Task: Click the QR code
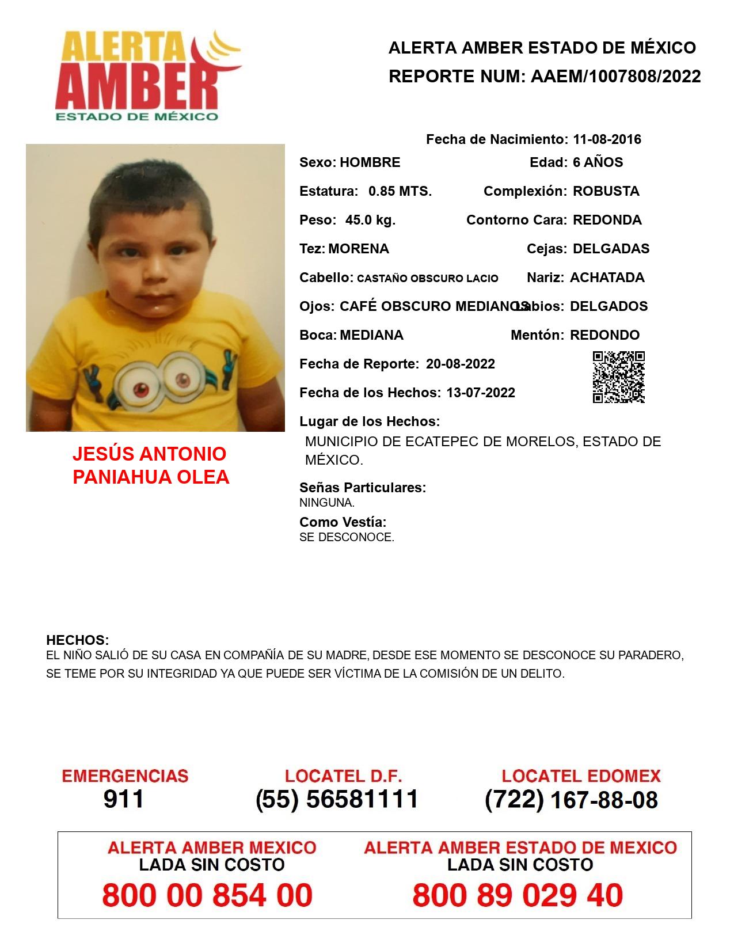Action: (618, 377)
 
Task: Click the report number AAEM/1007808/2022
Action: (615, 76)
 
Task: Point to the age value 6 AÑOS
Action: (598, 162)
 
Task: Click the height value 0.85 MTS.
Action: (400, 191)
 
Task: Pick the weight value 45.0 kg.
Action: (370, 220)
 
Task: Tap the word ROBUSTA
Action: (606, 191)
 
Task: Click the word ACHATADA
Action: (607, 278)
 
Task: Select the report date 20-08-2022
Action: (460, 364)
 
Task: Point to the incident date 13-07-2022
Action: (481, 393)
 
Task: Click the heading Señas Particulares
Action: (362, 488)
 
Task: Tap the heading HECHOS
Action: (77, 640)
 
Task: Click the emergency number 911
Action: (124, 799)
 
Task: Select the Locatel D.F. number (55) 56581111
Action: (337, 799)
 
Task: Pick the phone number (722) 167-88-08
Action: (571, 800)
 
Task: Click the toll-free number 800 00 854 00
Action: (207, 895)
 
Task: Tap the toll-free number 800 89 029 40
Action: (518, 895)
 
